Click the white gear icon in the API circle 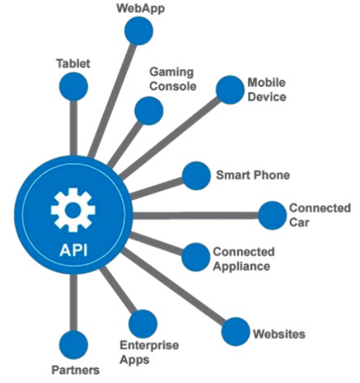coord(73,209)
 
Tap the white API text coord(73,250)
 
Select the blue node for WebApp coord(139,31)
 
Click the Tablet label coord(73,64)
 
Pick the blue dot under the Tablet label coord(73,86)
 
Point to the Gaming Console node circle coord(149,111)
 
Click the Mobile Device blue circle coord(230,90)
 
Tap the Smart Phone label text coord(253,175)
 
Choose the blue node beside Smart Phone coord(196,176)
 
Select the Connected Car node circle coord(272,216)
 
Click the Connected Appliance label coord(244,259)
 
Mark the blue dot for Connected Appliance coord(196,257)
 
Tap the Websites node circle coord(236,332)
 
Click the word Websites coord(279,334)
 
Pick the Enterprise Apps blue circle coord(143,324)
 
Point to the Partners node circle coord(73,345)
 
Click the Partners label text coord(75,370)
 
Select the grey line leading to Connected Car coord(196,216)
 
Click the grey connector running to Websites coord(173,288)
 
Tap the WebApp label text coord(140,9)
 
